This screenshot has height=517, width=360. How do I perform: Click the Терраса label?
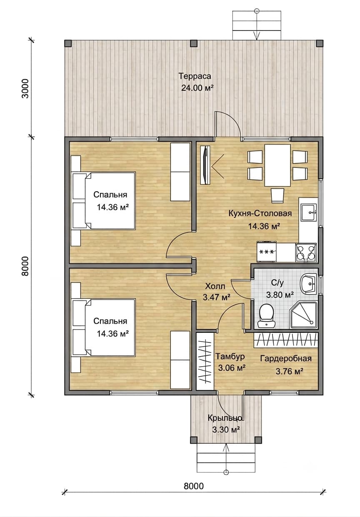(x=195, y=76)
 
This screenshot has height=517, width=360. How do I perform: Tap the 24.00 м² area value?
(x=197, y=88)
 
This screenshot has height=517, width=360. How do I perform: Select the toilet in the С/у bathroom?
(x=267, y=316)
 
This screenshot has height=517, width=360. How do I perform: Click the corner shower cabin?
(x=304, y=315)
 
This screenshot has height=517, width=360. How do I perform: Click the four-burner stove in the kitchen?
(x=306, y=253)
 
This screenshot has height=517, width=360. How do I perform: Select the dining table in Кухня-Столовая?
(x=277, y=165)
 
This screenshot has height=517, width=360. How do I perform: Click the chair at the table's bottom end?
(x=277, y=195)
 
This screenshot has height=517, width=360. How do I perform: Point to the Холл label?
(x=215, y=287)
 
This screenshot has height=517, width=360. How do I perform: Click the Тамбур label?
(x=230, y=357)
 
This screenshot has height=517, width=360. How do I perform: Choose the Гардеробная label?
(x=286, y=358)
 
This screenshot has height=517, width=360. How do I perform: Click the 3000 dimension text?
(x=25, y=89)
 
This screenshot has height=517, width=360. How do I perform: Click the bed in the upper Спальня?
(x=104, y=200)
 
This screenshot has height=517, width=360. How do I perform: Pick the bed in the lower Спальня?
(x=104, y=327)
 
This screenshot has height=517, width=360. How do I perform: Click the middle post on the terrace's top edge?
(x=194, y=43)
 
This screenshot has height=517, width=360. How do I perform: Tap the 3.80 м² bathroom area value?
(x=280, y=295)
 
